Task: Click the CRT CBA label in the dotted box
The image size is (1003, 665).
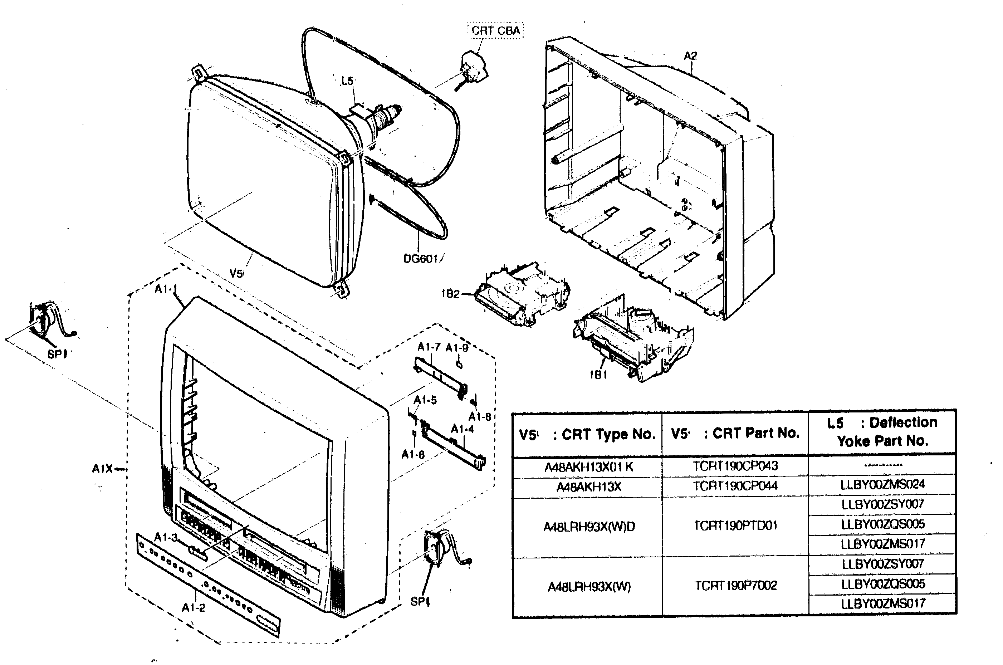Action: coord(495,30)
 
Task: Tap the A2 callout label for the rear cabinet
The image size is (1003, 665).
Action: coord(690,55)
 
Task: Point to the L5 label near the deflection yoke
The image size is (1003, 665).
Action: coord(347,80)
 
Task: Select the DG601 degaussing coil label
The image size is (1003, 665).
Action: coord(421,259)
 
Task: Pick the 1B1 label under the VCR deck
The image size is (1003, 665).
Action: coord(598,375)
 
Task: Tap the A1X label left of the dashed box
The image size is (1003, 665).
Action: coord(102,469)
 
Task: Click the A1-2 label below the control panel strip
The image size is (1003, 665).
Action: coord(194,608)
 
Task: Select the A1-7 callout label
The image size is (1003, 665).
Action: coord(429,347)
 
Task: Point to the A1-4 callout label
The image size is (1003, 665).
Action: coord(462,429)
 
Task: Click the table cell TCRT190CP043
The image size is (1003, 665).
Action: coord(735,466)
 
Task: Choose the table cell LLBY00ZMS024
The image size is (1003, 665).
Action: coord(882,484)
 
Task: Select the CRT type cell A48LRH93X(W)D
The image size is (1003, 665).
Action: coord(589,527)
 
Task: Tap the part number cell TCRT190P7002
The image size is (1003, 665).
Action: coord(735,586)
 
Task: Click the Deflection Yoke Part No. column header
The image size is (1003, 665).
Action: coord(882,432)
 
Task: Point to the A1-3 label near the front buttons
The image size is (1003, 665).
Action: coord(165,537)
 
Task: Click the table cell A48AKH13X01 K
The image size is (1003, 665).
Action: coord(588,467)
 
